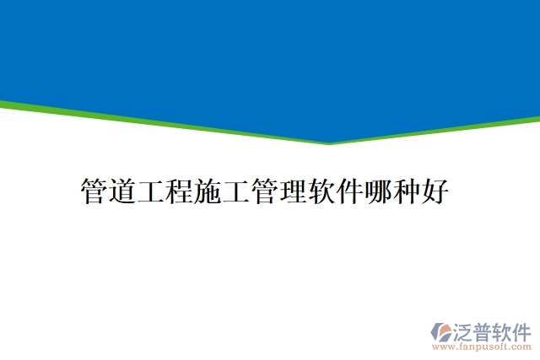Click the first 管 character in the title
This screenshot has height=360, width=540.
point(94,191)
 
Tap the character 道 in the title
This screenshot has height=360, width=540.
point(122,191)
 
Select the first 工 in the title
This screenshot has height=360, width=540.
point(151,191)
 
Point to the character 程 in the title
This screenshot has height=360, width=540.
point(180,191)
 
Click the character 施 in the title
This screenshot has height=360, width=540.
point(208,191)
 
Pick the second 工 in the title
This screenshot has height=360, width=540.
point(236,191)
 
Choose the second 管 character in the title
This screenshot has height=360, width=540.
point(264,191)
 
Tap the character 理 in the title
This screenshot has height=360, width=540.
point(293,191)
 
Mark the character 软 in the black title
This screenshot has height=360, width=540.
point(321,191)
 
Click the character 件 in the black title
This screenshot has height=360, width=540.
point(349,191)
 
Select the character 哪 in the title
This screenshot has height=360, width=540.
point(378,191)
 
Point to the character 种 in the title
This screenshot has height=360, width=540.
point(407,191)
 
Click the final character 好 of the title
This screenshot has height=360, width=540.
point(435,191)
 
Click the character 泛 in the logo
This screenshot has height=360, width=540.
point(466,330)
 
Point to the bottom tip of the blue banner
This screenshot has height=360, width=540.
point(329,142)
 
